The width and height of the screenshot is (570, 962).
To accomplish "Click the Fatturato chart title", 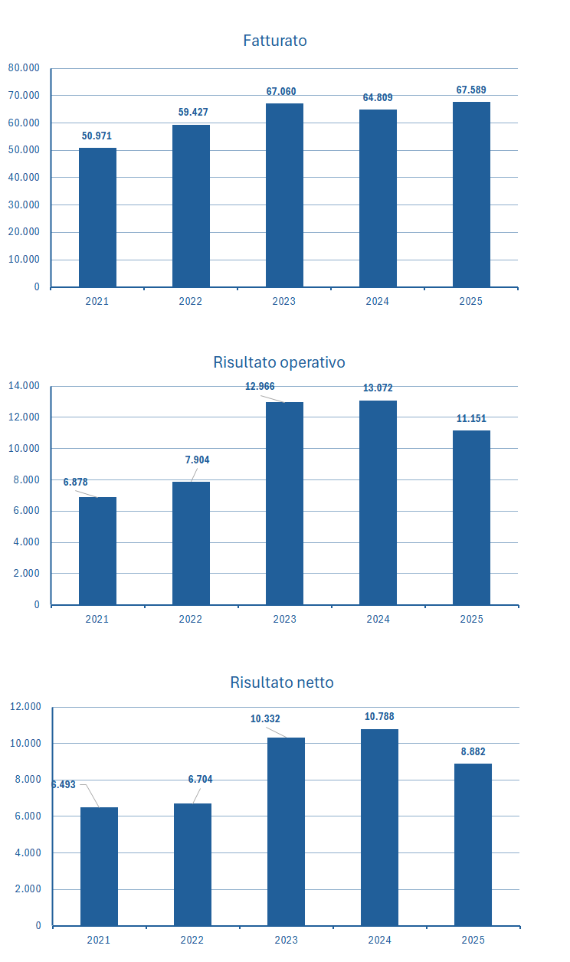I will pyautogui.click(x=275, y=41).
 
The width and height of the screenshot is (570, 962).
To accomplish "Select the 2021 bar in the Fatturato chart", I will pyautogui.click(x=97, y=218).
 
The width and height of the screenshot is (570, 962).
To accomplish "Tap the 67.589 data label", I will pyautogui.click(x=471, y=90).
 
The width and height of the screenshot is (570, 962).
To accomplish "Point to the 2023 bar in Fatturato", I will pyautogui.click(x=284, y=195).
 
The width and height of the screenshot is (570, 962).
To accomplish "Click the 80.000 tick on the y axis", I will pyautogui.click(x=24, y=68).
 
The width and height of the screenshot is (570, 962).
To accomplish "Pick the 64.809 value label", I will pyautogui.click(x=378, y=98).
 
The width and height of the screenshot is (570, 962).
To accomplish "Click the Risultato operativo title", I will pyautogui.click(x=279, y=362).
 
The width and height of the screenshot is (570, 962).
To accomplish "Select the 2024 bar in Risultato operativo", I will pyautogui.click(x=378, y=502).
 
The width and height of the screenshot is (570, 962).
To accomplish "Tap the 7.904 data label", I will pyautogui.click(x=197, y=460).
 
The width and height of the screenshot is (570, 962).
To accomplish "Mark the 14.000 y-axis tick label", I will pyautogui.click(x=24, y=386).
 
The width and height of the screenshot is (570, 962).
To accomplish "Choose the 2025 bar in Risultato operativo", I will pyautogui.click(x=471, y=518).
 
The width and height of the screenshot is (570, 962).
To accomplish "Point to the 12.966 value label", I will pyautogui.click(x=260, y=387).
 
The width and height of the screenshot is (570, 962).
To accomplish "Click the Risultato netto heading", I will pyautogui.click(x=282, y=682).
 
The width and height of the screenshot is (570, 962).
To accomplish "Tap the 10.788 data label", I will pyautogui.click(x=379, y=717).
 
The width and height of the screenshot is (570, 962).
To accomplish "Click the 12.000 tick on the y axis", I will pyautogui.click(x=25, y=707).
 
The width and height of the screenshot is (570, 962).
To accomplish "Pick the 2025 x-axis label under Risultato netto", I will pyautogui.click(x=473, y=940).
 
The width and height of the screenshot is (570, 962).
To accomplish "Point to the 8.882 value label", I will pyautogui.click(x=473, y=752).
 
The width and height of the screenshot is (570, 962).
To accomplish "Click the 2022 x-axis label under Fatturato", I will pyautogui.click(x=191, y=301).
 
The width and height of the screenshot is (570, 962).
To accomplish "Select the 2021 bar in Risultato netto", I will pyautogui.click(x=99, y=866).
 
